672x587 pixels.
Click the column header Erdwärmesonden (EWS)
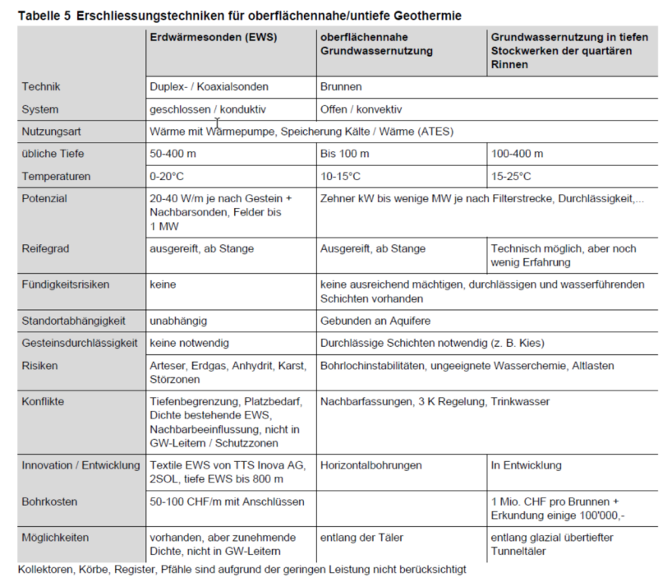pyautogui.click(x=212, y=37)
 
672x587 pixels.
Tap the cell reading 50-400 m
pyautogui.click(x=173, y=154)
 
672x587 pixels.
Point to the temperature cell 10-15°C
pyautogui.click(x=340, y=176)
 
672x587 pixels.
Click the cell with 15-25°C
pyautogui.click(x=511, y=176)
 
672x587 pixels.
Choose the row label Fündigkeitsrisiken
pyautogui.click(x=66, y=284)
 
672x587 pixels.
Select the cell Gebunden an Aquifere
pyautogui.click(x=375, y=320)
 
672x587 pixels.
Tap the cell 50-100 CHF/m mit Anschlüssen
pyautogui.click(x=227, y=501)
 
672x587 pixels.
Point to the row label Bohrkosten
pyautogui.click(x=49, y=501)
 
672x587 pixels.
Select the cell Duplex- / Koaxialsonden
pyautogui.click(x=209, y=86)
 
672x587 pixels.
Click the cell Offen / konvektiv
pyautogui.click(x=361, y=109)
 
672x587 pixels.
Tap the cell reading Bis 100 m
pyautogui.click(x=345, y=154)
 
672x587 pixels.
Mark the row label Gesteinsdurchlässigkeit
pyautogui.click(x=79, y=342)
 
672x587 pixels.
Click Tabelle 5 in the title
pyautogui.click(x=44, y=16)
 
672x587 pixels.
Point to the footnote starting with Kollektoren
pyautogui.click(x=242, y=569)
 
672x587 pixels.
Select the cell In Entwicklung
pyautogui.click(x=527, y=465)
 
